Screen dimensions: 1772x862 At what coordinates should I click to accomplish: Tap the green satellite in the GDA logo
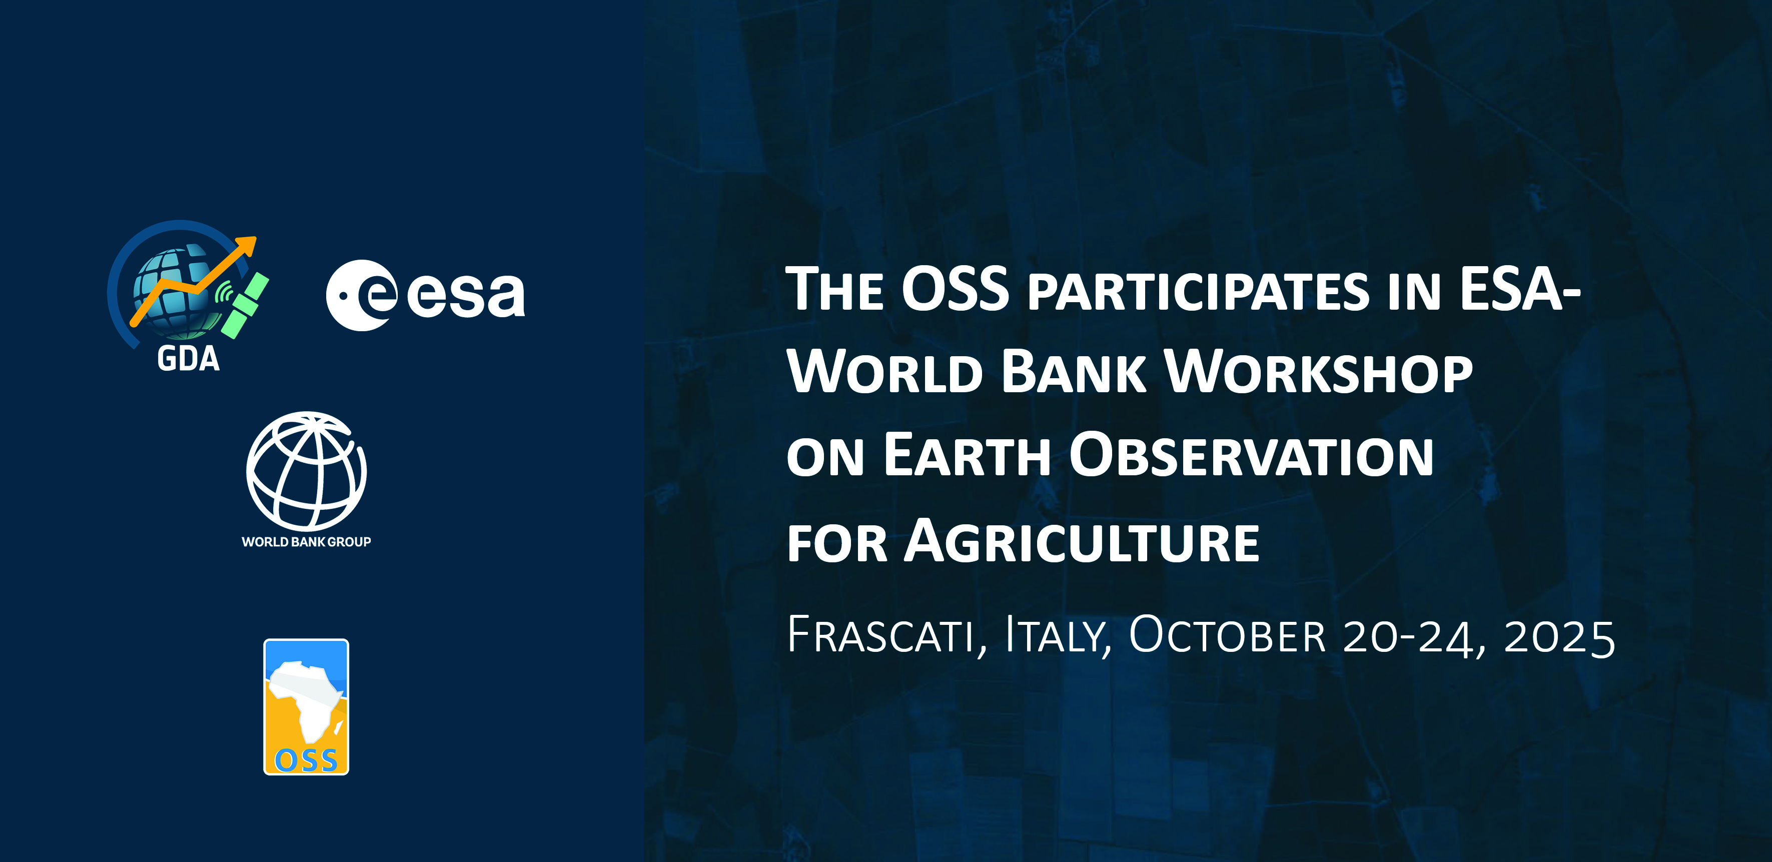click(245, 305)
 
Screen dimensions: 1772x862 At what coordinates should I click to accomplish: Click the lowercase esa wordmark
click(466, 296)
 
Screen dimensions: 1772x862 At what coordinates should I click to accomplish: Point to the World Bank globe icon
click(306, 471)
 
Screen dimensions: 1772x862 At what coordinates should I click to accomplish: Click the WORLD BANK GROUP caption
click(306, 542)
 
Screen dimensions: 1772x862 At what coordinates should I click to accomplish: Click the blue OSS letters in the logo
click(306, 760)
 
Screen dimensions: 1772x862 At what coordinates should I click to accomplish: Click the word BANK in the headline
click(1074, 372)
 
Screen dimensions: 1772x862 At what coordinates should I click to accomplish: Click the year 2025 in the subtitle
click(1559, 637)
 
